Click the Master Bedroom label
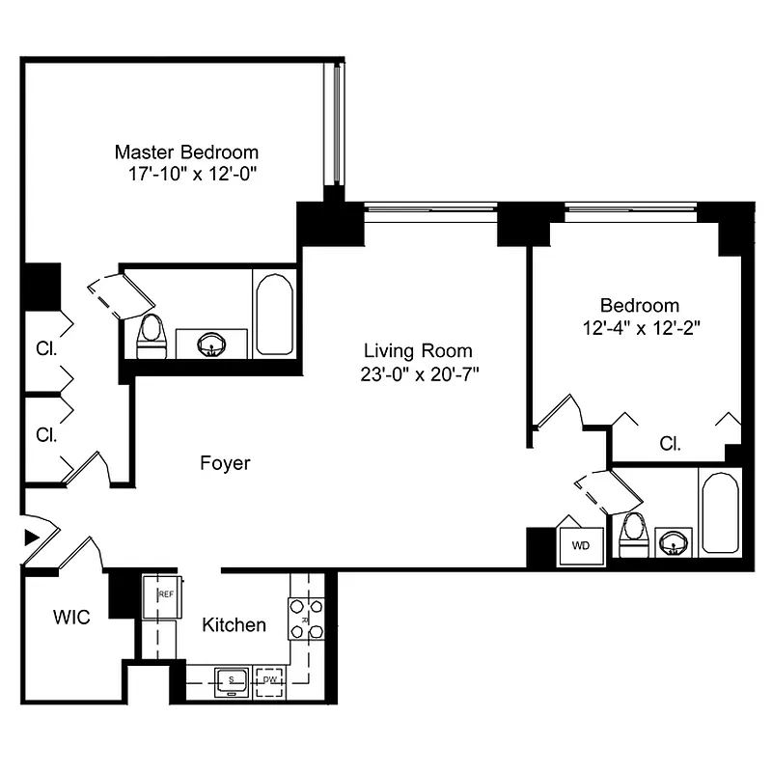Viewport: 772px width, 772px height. tap(186, 152)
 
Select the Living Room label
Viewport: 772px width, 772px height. tap(418, 350)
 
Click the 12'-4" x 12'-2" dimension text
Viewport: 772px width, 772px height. tap(640, 327)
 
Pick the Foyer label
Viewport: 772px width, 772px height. tap(225, 463)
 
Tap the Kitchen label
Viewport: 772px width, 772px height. tap(234, 625)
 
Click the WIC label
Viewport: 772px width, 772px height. tap(71, 618)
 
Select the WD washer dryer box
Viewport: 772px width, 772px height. tap(581, 545)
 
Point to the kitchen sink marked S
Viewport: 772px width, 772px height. tap(232, 680)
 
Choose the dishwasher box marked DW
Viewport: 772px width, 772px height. tap(269, 680)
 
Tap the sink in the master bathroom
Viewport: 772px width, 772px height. tap(210, 343)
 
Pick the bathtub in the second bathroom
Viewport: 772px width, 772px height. tap(720, 511)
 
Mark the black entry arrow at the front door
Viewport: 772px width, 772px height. tap(31, 536)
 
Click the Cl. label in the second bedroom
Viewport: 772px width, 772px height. tap(671, 444)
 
